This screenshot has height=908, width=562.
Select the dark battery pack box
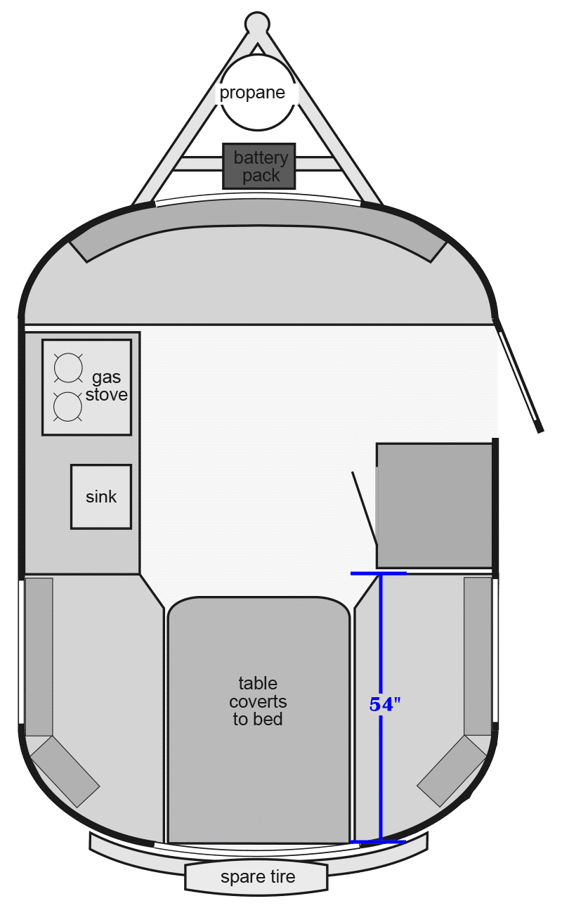[259, 166]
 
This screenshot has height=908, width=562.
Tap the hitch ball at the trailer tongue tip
[257, 22]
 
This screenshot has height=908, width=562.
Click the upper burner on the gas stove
[68, 368]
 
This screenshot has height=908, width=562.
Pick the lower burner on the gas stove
[67, 407]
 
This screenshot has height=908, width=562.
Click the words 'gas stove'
[107, 386]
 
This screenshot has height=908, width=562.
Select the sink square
[101, 497]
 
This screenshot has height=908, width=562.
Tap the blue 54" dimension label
[385, 704]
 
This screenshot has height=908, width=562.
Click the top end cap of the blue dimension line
[379, 573]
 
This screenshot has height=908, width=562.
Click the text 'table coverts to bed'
[258, 701]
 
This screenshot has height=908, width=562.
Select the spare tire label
[258, 877]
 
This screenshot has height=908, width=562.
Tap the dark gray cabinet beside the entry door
[434, 505]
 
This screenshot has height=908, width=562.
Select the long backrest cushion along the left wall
[39, 657]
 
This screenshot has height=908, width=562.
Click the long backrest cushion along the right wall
[478, 656]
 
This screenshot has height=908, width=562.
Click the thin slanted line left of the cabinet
[365, 507]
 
